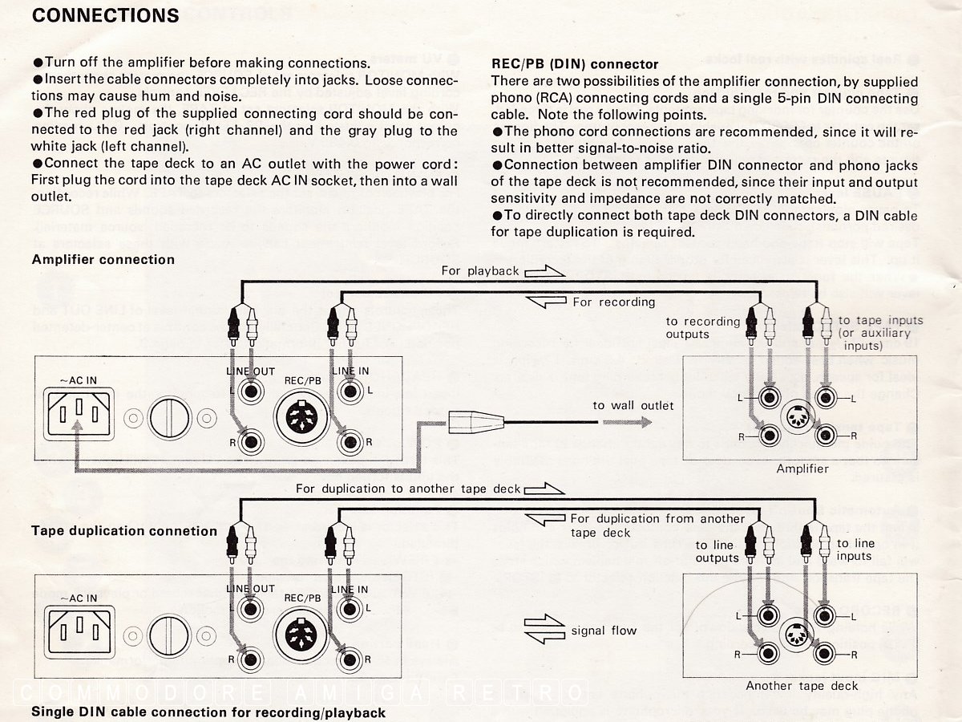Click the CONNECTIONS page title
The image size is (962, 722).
pos(105,15)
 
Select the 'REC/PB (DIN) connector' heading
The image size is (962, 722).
pos(575,64)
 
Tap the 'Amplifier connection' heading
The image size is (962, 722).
pos(103,259)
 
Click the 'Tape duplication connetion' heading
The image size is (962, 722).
pos(124,530)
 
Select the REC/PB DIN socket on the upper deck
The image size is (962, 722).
pos(302,417)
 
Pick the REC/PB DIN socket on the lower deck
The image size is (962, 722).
pos(302,634)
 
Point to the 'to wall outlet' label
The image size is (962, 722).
pos(633,405)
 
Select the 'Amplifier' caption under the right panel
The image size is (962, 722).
pos(802,468)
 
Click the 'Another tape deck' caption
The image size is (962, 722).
pos(802,686)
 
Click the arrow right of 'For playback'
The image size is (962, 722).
pos(544,271)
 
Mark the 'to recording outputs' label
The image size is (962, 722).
pos(703,327)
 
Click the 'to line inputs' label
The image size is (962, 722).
pos(855,550)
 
